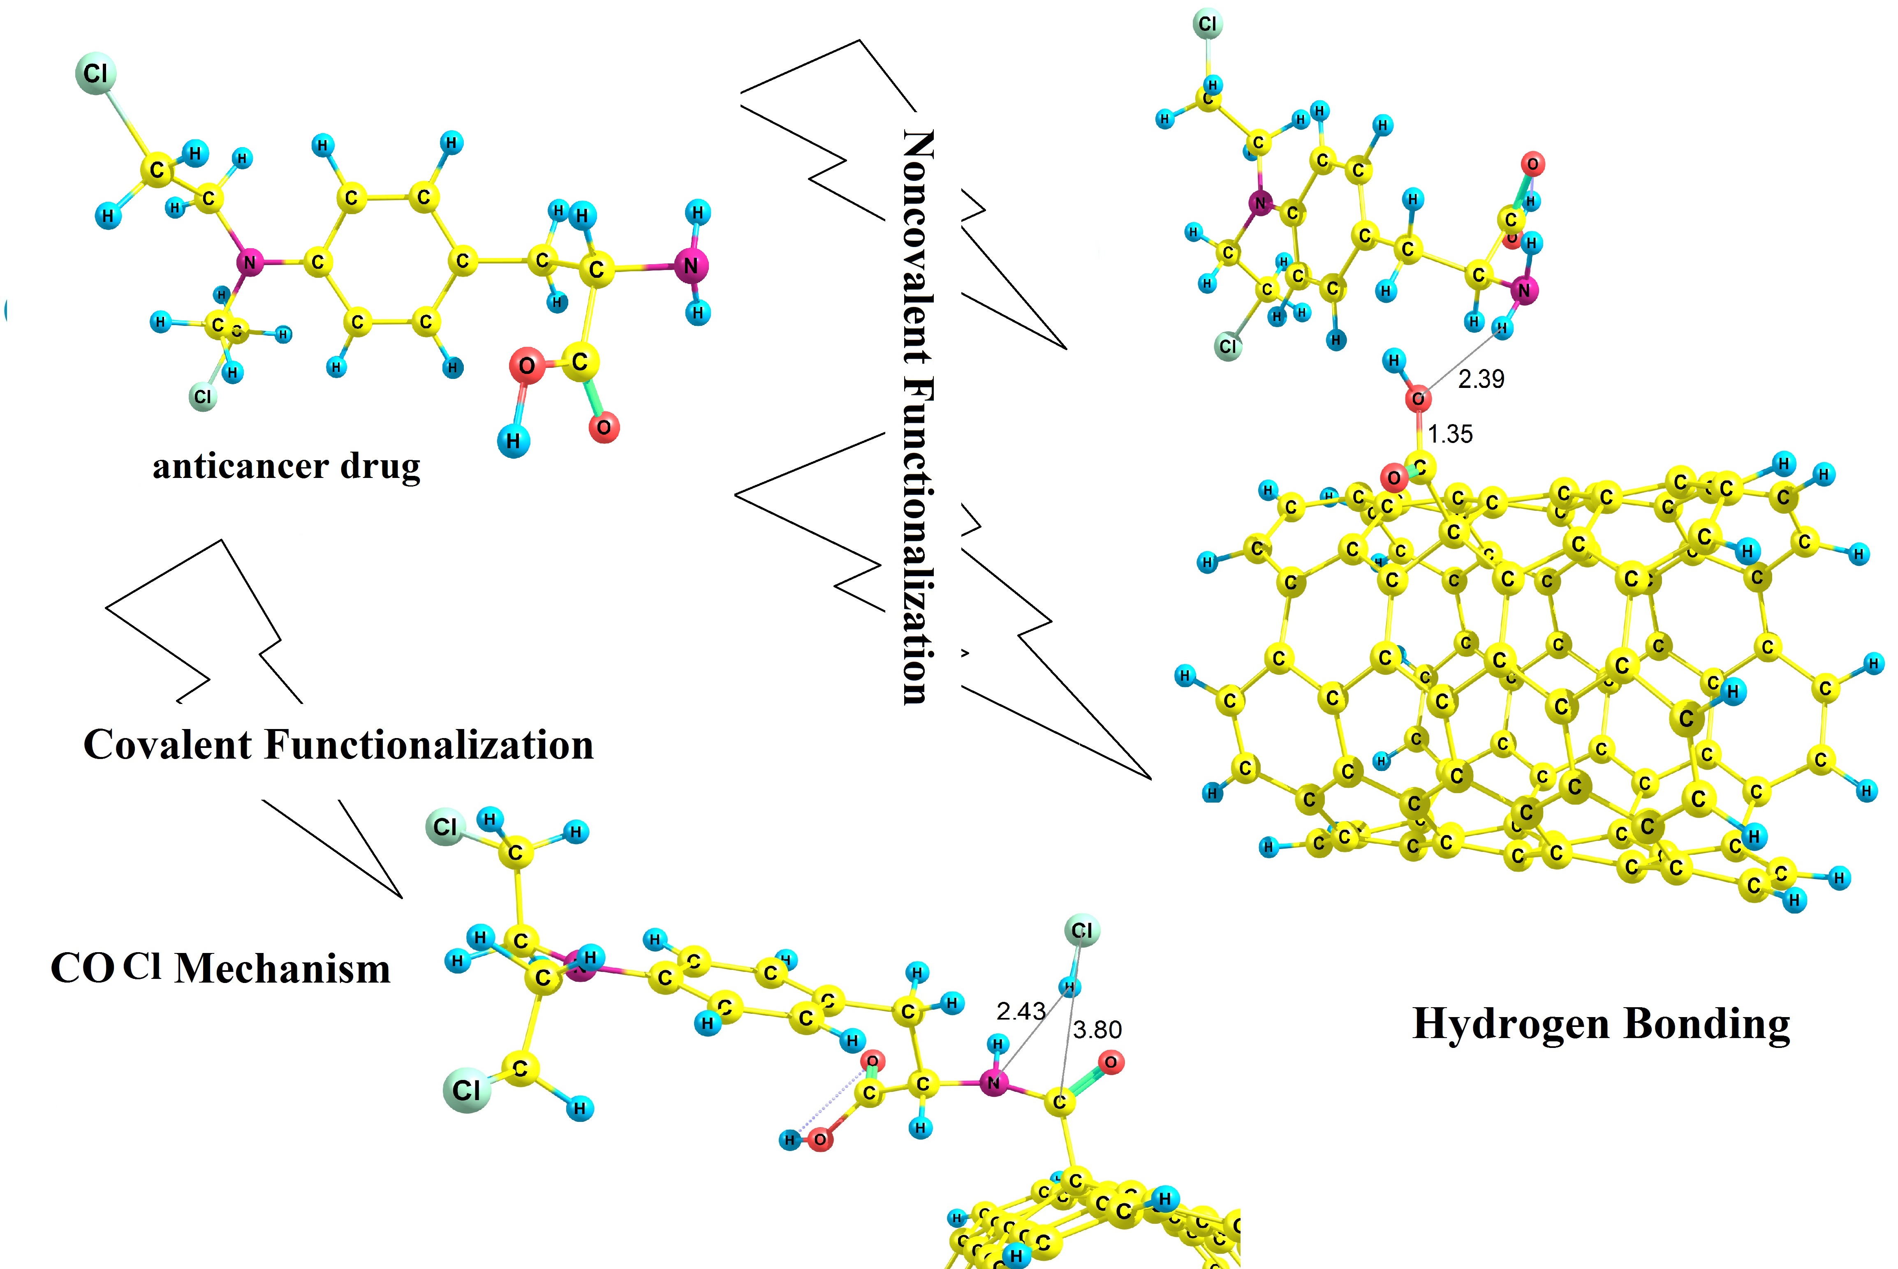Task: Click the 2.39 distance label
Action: (x=1481, y=379)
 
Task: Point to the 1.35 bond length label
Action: (x=1450, y=435)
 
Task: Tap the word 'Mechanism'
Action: (x=282, y=969)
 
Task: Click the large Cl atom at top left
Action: (x=95, y=74)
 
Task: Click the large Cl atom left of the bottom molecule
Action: (x=466, y=1090)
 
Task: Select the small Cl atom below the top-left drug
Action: (x=202, y=397)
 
